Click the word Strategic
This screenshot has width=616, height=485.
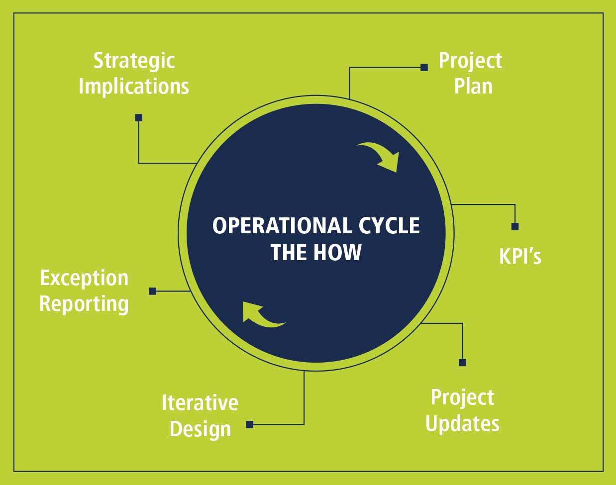[134, 61]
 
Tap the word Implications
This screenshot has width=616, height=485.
[134, 86]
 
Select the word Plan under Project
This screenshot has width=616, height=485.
[473, 86]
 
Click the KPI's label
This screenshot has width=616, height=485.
[520, 256]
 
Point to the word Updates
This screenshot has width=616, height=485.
[462, 423]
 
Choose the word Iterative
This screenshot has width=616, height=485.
[200, 402]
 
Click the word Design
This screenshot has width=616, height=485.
[200, 429]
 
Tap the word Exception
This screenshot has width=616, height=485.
[84, 278]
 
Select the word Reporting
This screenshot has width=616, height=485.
[84, 303]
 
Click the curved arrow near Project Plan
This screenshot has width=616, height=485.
[381, 156]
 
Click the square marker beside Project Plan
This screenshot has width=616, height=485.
[424, 67]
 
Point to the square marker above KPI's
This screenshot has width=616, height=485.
[515, 226]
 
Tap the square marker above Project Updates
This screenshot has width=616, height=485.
[462, 363]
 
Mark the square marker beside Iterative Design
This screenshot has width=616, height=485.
[250, 424]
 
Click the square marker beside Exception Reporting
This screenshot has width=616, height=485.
[153, 291]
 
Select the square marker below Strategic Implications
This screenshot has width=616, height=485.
[139, 118]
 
